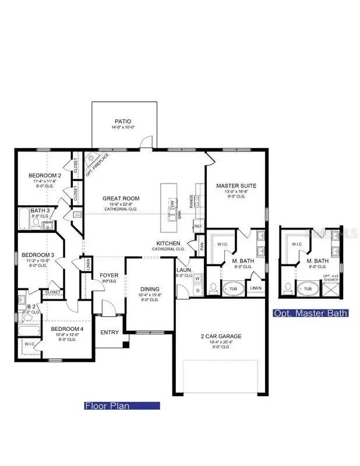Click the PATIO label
[123, 121]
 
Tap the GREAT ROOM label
[119, 198]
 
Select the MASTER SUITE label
[236, 186]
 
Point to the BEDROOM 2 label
[45, 175]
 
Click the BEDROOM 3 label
[38, 255]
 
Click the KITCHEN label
[168, 243]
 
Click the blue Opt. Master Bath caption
[311, 313]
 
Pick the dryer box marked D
[197, 290]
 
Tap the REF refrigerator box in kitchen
[198, 226]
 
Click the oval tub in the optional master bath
[306, 288]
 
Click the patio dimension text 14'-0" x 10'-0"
[123, 127]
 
